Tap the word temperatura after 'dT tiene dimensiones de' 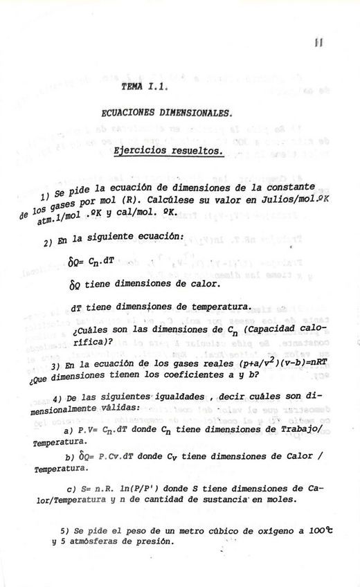(x=217, y=307)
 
